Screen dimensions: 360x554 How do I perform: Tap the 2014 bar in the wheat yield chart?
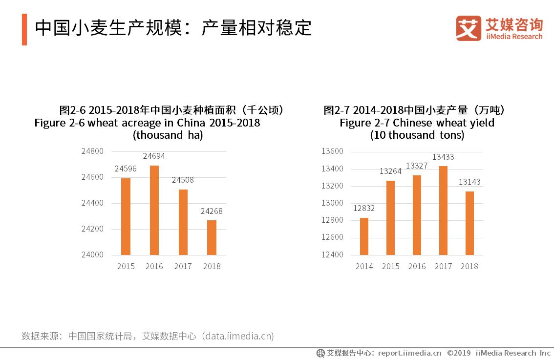click(x=364, y=236)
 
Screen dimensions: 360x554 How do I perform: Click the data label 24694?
click(x=154, y=156)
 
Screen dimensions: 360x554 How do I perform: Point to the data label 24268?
click(x=212, y=211)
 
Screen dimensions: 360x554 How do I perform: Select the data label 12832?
click(x=364, y=209)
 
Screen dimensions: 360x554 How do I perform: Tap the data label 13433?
click(x=443, y=157)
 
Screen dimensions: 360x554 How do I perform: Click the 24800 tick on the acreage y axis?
click(x=92, y=151)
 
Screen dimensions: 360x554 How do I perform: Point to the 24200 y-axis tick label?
click(x=92, y=229)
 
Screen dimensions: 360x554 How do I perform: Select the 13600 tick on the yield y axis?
click(x=332, y=151)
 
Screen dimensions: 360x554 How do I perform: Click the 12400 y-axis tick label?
click(x=332, y=255)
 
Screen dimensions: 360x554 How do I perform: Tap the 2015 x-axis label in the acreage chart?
click(x=126, y=266)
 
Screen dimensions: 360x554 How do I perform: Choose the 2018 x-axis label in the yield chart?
click(x=469, y=266)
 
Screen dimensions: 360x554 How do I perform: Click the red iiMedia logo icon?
click(x=469, y=29)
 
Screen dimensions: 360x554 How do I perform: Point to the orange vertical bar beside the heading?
click(x=24, y=29)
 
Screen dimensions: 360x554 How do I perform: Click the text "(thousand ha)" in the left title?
click(x=168, y=135)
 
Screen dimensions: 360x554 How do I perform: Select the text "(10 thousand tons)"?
click(x=417, y=135)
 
